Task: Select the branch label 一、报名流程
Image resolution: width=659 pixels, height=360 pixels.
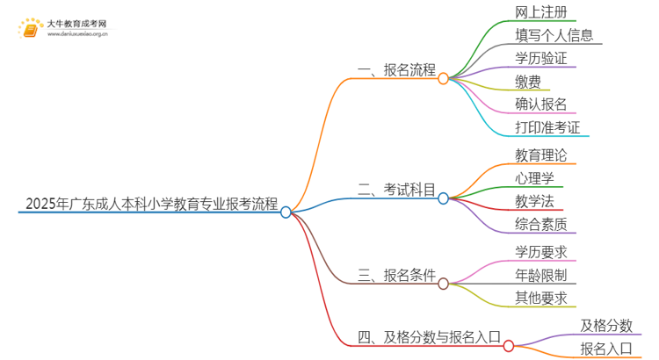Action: click(396, 71)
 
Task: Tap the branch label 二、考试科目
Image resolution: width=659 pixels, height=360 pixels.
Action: click(396, 190)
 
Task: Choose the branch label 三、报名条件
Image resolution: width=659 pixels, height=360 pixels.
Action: click(396, 275)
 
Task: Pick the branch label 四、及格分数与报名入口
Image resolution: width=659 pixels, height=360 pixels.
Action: click(429, 336)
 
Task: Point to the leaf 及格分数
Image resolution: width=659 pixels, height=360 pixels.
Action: click(606, 326)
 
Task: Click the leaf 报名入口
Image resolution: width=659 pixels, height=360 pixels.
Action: click(606, 349)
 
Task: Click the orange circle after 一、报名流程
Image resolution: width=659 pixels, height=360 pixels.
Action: click(444, 78)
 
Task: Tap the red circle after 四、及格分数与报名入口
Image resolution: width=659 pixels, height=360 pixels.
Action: click(509, 346)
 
